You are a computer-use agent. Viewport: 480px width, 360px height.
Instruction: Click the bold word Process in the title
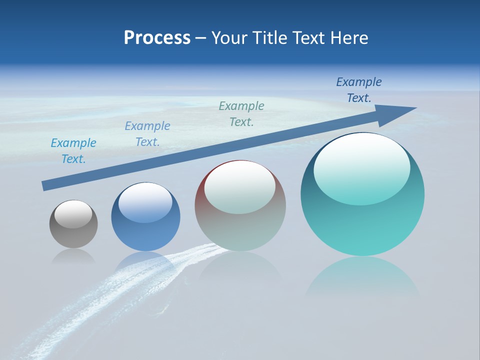pyautogui.click(x=157, y=38)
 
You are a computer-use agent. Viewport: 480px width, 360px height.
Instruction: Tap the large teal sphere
pyautogui.click(x=362, y=225)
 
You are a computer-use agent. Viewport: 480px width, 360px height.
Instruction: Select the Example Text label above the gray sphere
pyautogui.click(x=73, y=151)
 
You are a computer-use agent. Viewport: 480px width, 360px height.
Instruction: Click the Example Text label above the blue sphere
pyautogui.click(x=147, y=134)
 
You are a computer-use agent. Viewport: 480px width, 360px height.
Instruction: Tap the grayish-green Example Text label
pyautogui.click(x=241, y=113)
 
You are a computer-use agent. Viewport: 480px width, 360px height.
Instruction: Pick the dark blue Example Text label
pyautogui.click(x=359, y=90)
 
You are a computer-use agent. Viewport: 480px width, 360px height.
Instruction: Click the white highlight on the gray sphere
pyautogui.click(x=73, y=214)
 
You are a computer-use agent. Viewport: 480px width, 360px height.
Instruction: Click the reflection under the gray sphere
pyautogui.click(x=73, y=256)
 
